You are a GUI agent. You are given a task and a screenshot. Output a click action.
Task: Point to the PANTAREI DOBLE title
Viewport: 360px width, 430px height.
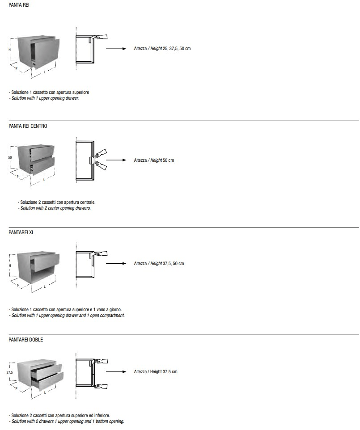[25, 340]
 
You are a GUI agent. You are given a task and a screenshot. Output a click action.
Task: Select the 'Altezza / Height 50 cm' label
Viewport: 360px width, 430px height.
[154, 160]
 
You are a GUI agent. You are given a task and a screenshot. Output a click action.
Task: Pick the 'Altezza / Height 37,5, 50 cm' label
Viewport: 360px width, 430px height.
[159, 264]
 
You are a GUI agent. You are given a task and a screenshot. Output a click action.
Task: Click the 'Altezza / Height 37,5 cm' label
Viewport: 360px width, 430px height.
[156, 372]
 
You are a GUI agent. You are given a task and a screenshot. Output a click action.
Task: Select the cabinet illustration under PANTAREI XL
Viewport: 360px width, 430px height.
[36, 268]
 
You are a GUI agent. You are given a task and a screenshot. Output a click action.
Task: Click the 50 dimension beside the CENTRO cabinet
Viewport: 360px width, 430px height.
[10, 158]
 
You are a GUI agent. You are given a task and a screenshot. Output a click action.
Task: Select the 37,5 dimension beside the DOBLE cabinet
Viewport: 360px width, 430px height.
[9, 372]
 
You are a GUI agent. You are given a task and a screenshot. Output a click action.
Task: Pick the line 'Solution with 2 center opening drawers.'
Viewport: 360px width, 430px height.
[55, 208]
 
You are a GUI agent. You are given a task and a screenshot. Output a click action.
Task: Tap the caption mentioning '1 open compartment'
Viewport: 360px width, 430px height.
[67, 316]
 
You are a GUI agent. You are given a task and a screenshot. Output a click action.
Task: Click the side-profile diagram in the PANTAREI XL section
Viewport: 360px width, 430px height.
[85, 264]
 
